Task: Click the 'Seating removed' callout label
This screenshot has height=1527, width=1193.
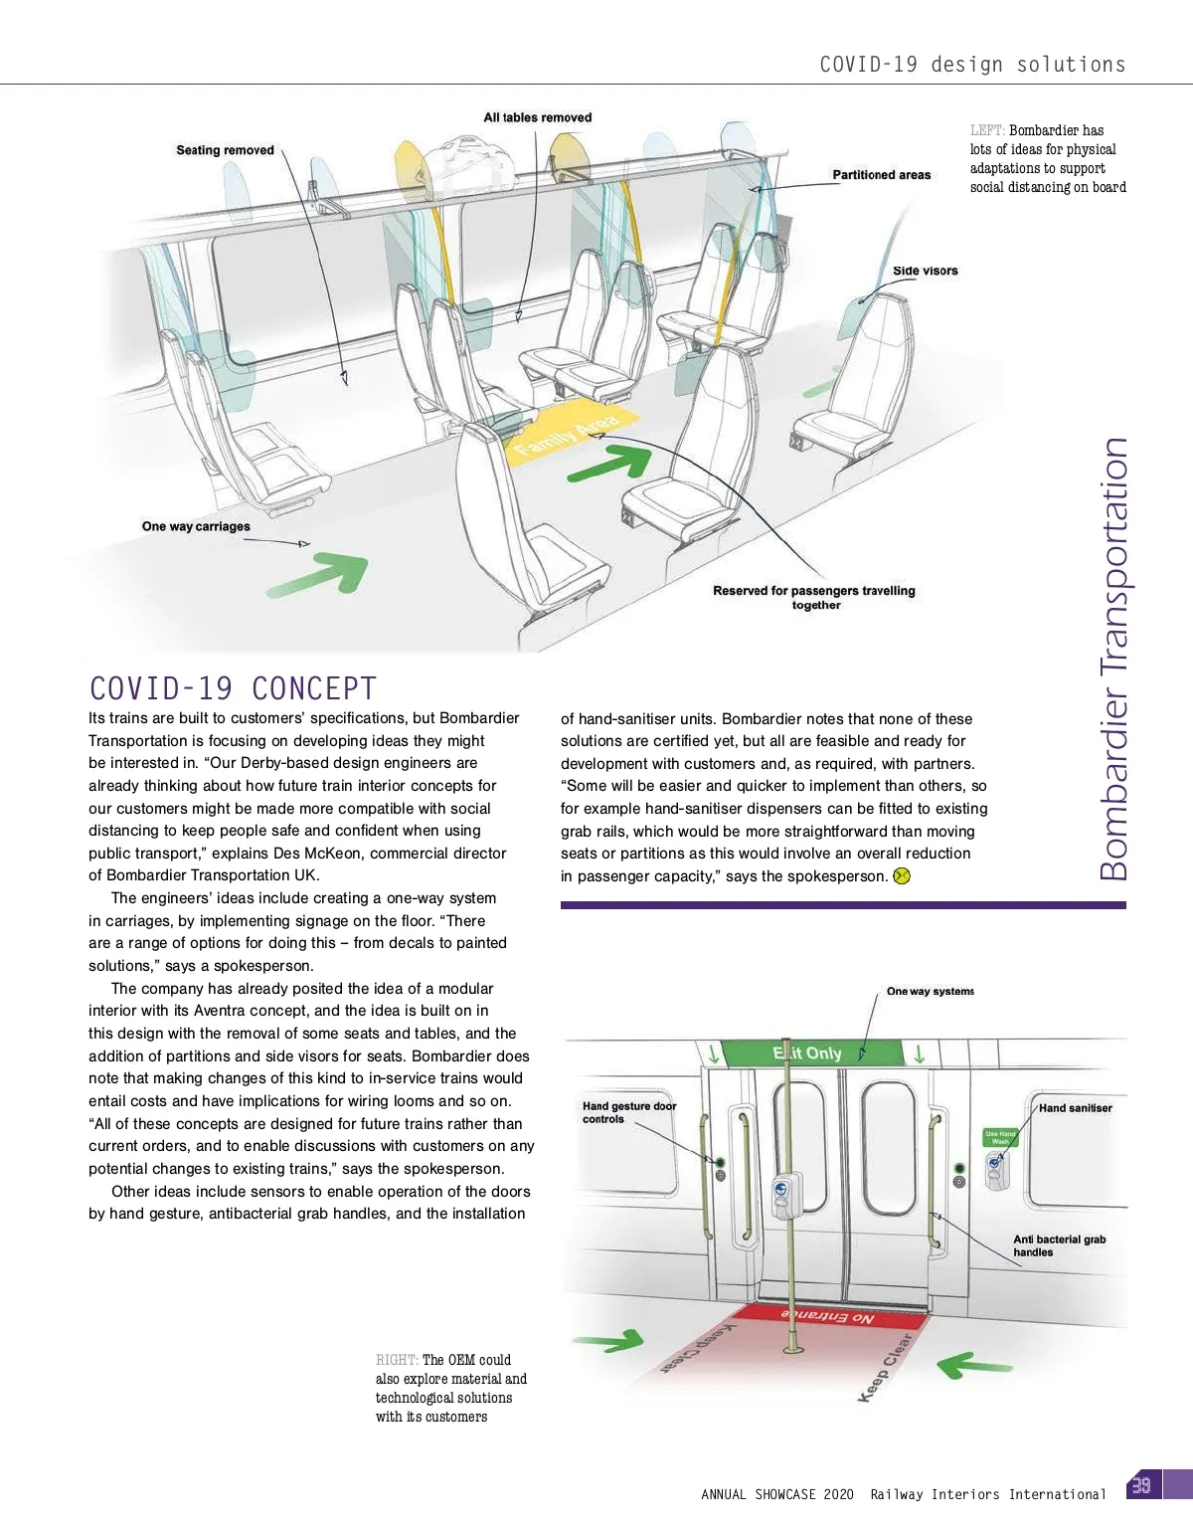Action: (x=225, y=150)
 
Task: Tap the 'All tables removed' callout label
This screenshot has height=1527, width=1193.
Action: (x=537, y=117)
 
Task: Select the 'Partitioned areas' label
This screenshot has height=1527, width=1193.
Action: (x=881, y=175)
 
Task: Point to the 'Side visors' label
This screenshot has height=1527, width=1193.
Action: (x=925, y=271)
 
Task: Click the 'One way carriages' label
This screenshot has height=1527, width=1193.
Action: (x=196, y=526)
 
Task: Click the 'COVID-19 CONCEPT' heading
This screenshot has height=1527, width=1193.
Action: (x=233, y=688)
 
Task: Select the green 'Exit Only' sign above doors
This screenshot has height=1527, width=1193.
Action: (x=807, y=1052)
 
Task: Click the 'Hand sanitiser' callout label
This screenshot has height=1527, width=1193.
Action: (x=1075, y=1108)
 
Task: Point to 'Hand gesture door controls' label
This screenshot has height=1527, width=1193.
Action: (x=628, y=1112)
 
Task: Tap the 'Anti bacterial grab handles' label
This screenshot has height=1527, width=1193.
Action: (x=1059, y=1245)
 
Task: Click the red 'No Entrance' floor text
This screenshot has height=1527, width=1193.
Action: (x=827, y=1316)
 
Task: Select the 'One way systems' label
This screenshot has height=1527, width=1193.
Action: (x=930, y=991)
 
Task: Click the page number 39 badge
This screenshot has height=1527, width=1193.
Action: (x=1141, y=1485)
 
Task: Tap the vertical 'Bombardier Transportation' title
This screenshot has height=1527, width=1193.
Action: (x=1113, y=659)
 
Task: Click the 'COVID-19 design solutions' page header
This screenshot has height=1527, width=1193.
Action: (x=971, y=65)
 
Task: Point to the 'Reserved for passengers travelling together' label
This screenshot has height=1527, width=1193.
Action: (x=813, y=597)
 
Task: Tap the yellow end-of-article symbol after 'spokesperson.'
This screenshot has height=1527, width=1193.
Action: (x=902, y=876)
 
